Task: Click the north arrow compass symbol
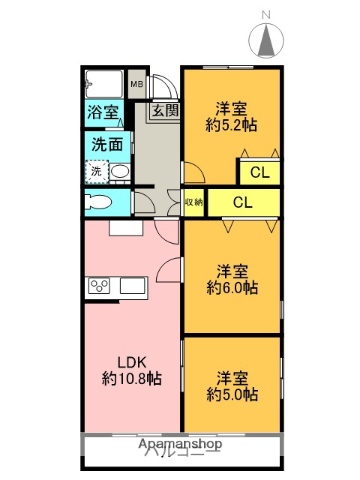coord(267,41)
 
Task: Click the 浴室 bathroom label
coord(103,113)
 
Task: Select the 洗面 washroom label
coord(107,144)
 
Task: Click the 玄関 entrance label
coord(165,112)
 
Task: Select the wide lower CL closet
coord(243,202)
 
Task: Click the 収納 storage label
coord(193,202)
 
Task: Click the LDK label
coord(132,361)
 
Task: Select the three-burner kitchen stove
coord(100,287)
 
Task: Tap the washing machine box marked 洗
coord(96,172)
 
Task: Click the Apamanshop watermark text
coord(179,442)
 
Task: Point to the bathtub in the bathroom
coord(104,84)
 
